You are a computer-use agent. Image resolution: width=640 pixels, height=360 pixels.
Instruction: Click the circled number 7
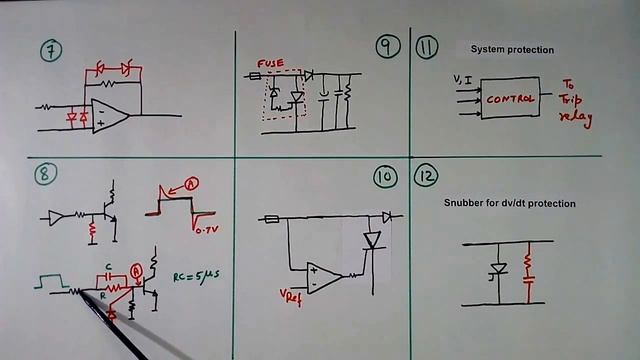tap(47, 50)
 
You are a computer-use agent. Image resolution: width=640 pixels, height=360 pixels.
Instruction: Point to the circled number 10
tap(386, 178)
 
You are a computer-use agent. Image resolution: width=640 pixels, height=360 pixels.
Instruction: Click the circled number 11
tap(428, 48)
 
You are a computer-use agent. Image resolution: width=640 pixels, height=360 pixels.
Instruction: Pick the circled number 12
tap(427, 178)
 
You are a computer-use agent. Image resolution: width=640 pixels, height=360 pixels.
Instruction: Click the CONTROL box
tap(511, 99)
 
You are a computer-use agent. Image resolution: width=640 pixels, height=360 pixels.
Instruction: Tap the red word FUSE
tap(271, 63)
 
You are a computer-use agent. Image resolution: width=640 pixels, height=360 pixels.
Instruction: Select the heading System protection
tap(512, 49)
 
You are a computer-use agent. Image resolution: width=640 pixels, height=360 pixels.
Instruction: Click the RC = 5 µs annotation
tap(195, 272)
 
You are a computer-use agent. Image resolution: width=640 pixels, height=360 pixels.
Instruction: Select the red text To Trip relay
tap(576, 104)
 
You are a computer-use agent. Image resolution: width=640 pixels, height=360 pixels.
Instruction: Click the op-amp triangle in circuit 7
tap(109, 114)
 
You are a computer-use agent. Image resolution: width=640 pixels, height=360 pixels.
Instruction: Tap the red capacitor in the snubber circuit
tap(529, 283)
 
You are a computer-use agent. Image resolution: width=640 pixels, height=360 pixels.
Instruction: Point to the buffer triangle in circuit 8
tap(56, 215)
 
